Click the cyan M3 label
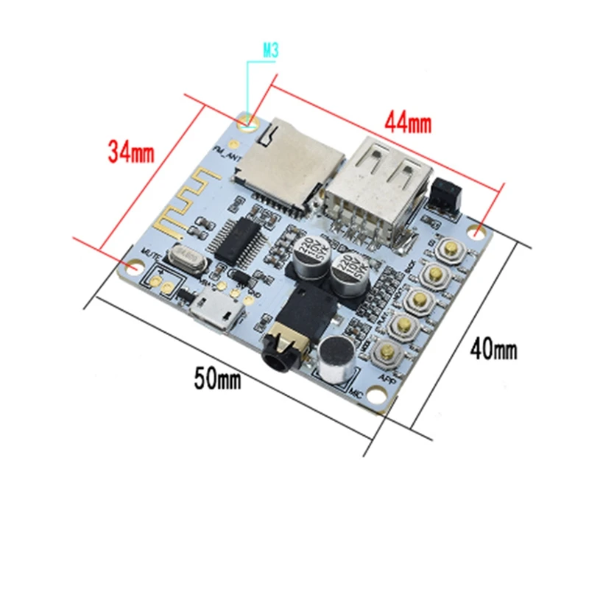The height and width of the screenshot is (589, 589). tap(272, 52)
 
